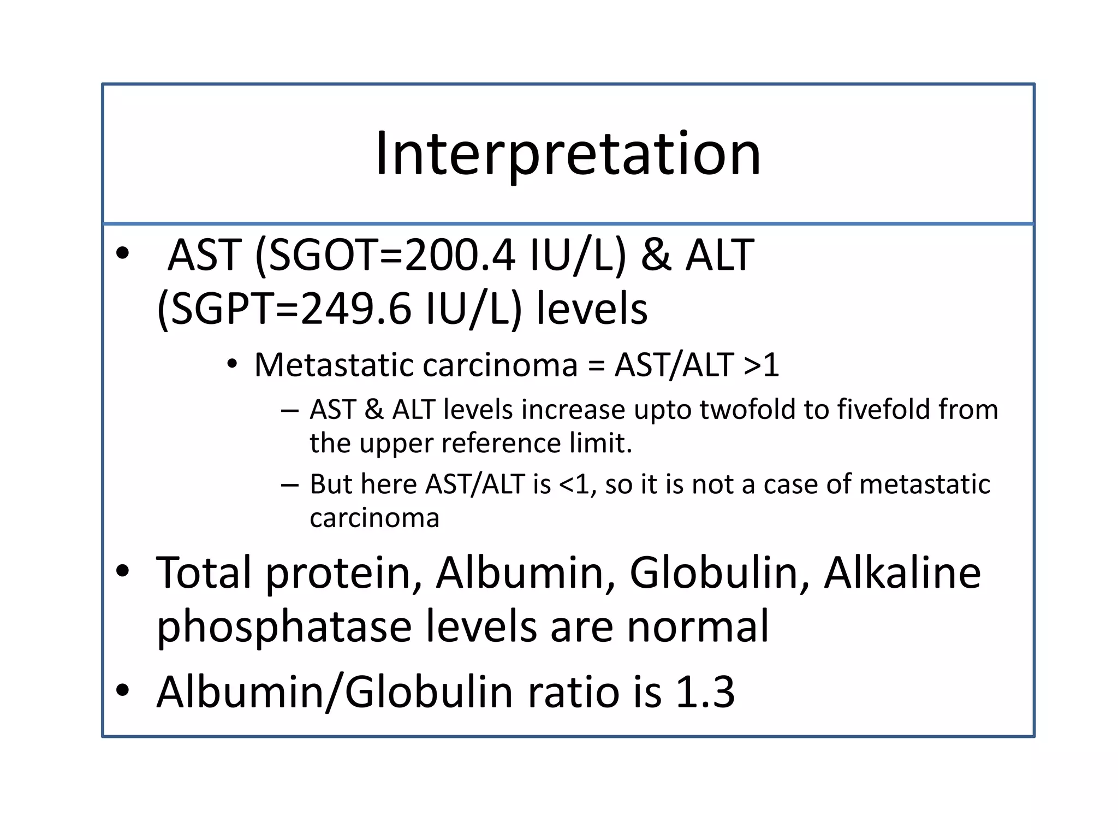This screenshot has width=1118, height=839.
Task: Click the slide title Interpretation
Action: coord(568,154)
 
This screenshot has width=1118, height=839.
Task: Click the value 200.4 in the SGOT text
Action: coord(460,256)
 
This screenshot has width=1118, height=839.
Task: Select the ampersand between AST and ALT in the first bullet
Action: coord(656,256)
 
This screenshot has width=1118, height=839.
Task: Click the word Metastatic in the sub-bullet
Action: coord(331,365)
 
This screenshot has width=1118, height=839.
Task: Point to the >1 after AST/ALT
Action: coord(761,365)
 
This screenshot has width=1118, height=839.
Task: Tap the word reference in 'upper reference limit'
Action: coord(501,443)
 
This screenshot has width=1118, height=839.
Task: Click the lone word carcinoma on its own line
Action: coord(374,518)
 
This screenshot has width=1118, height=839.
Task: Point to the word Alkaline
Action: coord(902,573)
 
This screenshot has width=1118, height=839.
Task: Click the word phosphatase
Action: coord(284,628)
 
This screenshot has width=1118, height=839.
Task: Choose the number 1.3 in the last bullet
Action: coord(705,692)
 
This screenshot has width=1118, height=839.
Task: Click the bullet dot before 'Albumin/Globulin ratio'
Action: coord(123,690)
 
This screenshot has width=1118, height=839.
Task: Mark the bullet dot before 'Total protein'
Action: coord(123,571)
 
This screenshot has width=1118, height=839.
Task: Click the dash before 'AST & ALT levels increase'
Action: coord(290,410)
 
